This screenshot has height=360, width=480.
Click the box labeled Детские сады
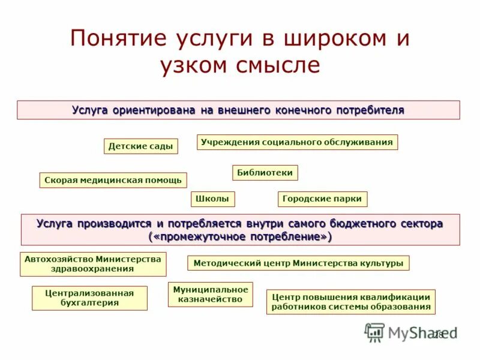pyautogui.click(x=141, y=146)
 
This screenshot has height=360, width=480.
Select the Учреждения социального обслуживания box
pyautogui.click(x=297, y=142)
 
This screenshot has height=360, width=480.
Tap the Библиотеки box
pyautogui.click(x=265, y=173)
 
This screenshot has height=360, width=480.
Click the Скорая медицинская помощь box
pyautogui.click(x=113, y=181)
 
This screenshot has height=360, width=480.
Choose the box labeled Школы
pyautogui.click(x=213, y=199)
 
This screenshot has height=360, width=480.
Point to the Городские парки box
pyautogui.click(x=323, y=199)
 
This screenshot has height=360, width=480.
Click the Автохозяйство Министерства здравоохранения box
pyautogui.click(x=93, y=264)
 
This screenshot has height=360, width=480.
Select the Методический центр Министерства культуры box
pyautogui.click(x=299, y=263)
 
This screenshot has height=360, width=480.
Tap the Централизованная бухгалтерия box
pyautogui.click(x=89, y=298)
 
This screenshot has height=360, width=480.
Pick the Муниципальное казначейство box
pyautogui.click(x=210, y=294)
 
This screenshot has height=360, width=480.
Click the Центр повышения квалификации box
pyautogui.click(x=351, y=302)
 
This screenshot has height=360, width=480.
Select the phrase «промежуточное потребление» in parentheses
pyautogui.click(x=240, y=236)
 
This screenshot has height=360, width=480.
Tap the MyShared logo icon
pyautogui.click(x=375, y=332)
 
